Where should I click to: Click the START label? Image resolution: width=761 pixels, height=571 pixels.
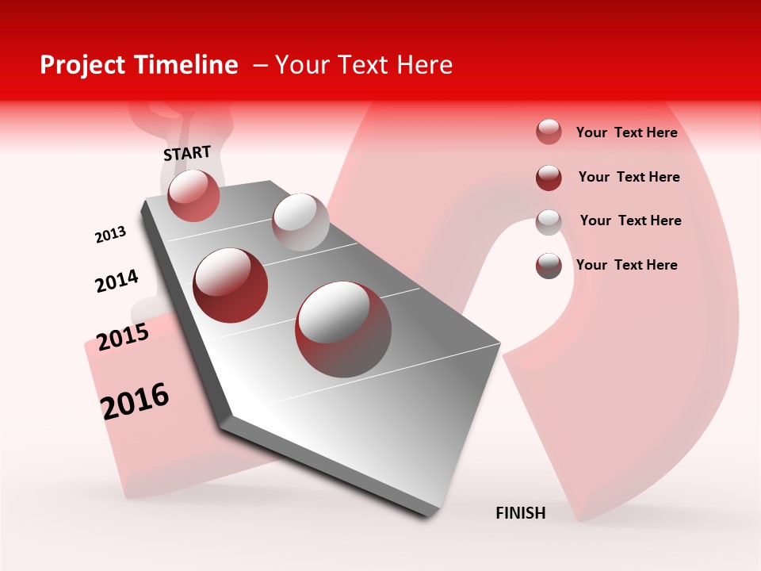click(x=187, y=153)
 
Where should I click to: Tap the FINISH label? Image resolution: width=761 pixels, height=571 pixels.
click(x=521, y=513)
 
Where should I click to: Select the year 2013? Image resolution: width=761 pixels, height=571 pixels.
click(x=110, y=235)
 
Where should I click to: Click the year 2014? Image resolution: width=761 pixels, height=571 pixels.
click(x=117, y=282)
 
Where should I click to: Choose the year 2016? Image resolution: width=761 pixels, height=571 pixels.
click(x=135, y=400)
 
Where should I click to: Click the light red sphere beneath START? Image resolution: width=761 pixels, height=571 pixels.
click(x=193, y=196)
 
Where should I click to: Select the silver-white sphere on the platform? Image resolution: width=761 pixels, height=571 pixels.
click(x=300, y=221)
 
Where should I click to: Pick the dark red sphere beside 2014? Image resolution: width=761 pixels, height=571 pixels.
click(x=231, y=285)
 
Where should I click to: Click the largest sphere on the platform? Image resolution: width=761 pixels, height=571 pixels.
click(x=343, y=328)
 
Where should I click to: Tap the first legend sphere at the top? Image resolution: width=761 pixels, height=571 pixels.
click(x=549, y=132)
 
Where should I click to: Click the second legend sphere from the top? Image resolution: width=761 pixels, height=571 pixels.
click(x=549, y=178)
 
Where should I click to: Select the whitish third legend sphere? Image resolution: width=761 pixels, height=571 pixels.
click(x=549, y=222)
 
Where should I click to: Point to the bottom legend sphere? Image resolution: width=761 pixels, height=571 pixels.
click(x=549, y=266)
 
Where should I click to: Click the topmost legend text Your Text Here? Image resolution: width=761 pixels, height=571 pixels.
click(x=626, y=132)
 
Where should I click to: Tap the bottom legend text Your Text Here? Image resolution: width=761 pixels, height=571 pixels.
click(x=626, y=265)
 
